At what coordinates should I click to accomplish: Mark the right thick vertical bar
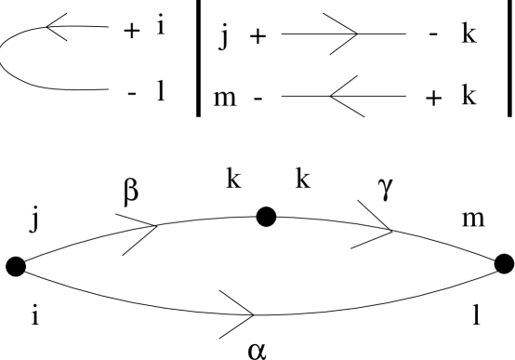click(509, 59)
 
